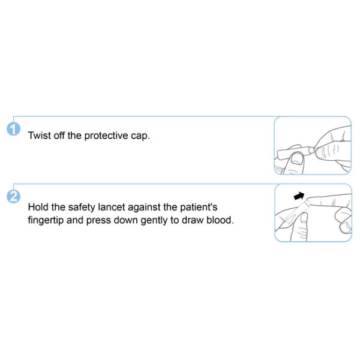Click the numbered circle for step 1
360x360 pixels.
point(14,129)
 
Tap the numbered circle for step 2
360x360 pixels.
point(14,197)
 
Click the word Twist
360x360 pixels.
point(39,136)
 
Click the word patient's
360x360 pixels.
point(199,208)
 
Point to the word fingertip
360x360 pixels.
point(46,220)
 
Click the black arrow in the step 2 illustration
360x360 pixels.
point(299,196)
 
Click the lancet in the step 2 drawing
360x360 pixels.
point(295,212)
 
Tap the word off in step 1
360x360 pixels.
point(59,136)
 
